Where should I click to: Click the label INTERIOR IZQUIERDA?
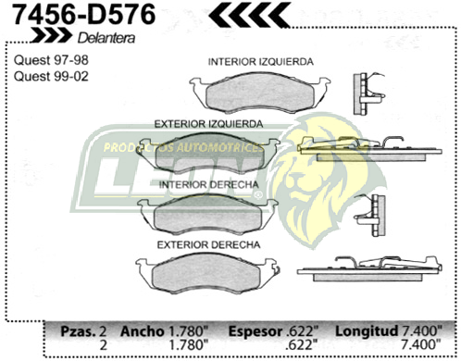pos(259,61)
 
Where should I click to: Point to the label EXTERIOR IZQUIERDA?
pos(206,123)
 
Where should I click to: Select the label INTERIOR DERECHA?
pos(207,184)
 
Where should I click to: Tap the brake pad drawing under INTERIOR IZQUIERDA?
pos(260,91)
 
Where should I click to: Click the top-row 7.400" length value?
pos(427,330)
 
